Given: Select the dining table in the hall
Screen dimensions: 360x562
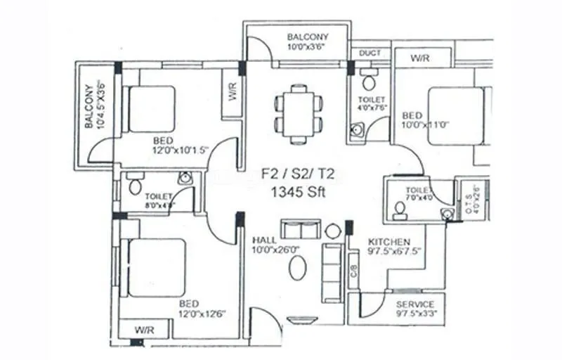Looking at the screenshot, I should [x=299, y=113].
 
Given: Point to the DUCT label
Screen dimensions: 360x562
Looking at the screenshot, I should [x=370, y=53].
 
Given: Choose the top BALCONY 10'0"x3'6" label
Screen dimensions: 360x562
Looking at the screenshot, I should [x=307, y=42].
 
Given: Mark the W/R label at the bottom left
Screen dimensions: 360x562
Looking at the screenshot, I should [x=144, y=330].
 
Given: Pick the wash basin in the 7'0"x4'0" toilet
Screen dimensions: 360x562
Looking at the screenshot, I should [x=445, y=213].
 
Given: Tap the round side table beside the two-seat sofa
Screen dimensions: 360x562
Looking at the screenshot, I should [x=332, y=231].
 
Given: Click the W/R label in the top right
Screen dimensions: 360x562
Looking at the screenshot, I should [x=421, y=58].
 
